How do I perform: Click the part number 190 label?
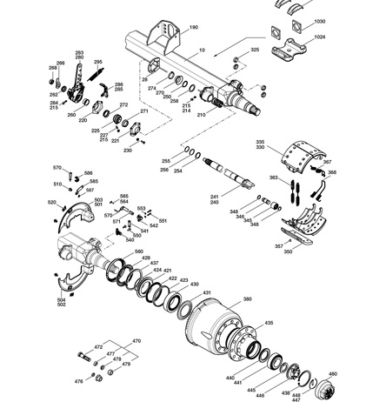click(x=193, y=28)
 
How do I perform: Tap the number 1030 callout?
click(x=319, y=20)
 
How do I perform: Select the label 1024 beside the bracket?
click(x=319, y=37)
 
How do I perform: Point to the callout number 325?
click(x=255, y=50)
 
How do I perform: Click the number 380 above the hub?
click(x=247, y=298)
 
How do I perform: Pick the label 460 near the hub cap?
click(x=356, y=373)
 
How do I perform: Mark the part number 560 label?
click(x=138, y=252)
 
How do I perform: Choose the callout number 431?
click(x=206, y=293)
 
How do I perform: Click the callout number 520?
click(x=51, y=202)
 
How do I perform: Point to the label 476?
click(x=78, y=381)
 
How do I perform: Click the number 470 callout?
click(x=136, y=341)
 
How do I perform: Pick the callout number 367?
click(x=327, y=162)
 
